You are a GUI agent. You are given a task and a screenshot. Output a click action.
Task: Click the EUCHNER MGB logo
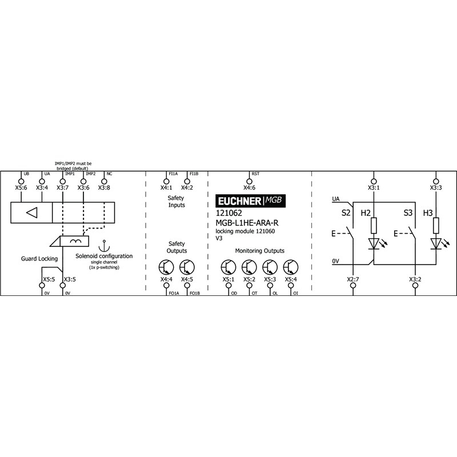pos(250,201)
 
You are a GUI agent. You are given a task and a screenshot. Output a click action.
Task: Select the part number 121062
pos(229,213)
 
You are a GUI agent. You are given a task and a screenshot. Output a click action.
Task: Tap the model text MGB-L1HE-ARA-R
pos(247,223)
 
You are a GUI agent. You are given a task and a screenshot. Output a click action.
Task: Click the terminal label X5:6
pos(21,188)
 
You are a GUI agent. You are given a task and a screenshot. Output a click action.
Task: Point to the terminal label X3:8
pos(104,188)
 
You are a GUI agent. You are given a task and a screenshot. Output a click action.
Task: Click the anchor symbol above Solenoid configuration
pos(104,246)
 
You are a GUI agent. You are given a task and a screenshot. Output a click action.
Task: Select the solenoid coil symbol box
pos(74,241)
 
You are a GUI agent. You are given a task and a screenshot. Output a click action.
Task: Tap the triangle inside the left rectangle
pos(32,213)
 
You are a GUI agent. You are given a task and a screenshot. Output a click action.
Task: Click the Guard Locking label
pos(39,259)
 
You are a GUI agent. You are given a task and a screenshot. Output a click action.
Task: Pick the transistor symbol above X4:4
pos(166,267)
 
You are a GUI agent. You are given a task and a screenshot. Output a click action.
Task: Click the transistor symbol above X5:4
pos(291,267)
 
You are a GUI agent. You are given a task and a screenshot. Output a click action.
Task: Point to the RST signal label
pos(255,174)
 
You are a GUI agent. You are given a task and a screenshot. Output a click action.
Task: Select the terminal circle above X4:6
pos(249,181)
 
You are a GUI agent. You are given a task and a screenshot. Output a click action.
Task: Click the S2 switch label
pos(346,213)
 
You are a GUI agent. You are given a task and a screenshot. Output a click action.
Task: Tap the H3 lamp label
pos(428,213)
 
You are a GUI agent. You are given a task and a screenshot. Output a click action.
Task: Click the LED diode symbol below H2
pos(374,244)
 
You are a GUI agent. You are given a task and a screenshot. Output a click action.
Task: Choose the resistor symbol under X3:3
pos(436,226)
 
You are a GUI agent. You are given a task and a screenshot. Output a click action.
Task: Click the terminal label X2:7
pos(353,279)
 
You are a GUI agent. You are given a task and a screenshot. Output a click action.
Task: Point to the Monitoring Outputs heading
pos(260,251)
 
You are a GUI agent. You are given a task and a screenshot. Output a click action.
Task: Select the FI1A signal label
pos(173,174)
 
